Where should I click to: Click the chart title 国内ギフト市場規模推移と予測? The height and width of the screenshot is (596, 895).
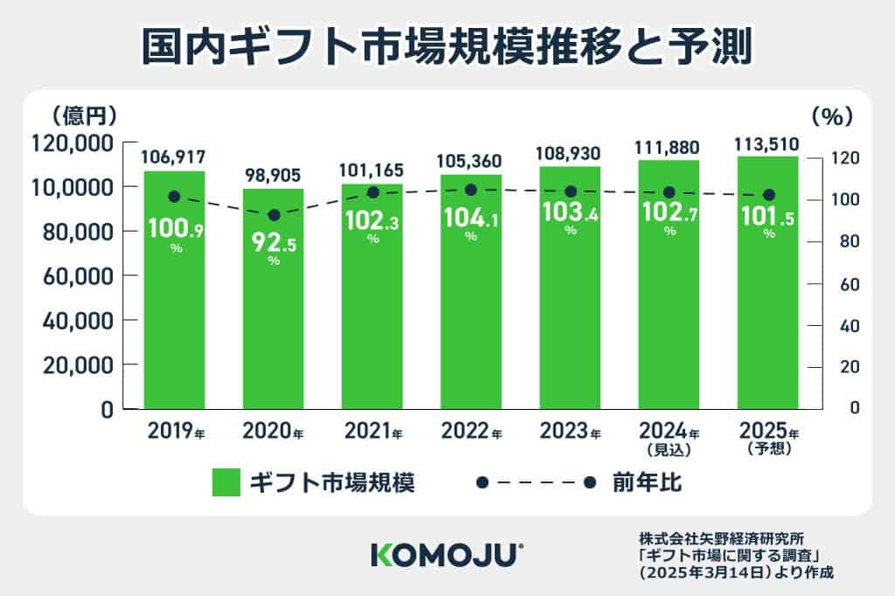click(447, 47)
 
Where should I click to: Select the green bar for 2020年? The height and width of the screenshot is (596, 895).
click(274, 332)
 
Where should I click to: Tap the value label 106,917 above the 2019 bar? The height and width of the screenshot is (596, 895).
click(174, 157)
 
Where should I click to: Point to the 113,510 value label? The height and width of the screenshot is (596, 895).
click(767, 143)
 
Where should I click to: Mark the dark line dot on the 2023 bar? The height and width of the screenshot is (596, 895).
click(571, 191)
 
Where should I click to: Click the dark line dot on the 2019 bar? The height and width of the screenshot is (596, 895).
click(174, 198)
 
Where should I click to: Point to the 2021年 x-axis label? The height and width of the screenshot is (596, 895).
click(372, 433)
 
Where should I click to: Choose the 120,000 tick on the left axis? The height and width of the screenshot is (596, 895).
click(71, 142)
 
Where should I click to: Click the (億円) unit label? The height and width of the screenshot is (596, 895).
click(84, 114)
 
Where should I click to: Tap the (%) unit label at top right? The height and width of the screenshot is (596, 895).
click(831, 114)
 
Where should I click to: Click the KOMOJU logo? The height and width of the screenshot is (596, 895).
click(447, 554)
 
